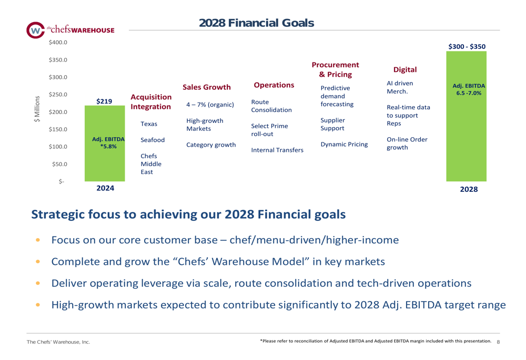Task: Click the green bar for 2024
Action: [x=105, y=143]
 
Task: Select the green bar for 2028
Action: [x=466, y=116]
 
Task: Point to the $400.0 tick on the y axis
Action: [x=58, y=43]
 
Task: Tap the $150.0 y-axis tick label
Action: [x=58, y=129]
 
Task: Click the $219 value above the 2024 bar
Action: [x=104, y=101]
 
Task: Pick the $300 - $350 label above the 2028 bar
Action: [x=467, y=47]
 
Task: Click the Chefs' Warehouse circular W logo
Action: [x=35, y=30]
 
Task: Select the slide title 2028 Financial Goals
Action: [x=257, y=23]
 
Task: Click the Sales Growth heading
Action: [x=207, y=87]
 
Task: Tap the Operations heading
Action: [x=274, y=85]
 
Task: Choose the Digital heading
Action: [x=405, y=70]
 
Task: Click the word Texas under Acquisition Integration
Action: [x=149, y=124]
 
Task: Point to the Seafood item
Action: [x=153, y=140]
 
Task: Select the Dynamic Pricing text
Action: [x=344, y=145]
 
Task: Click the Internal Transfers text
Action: [x=277, y=150]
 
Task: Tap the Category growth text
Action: [x=211, y=145]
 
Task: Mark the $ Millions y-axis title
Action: [x=37, y=109]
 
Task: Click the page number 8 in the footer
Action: [x=498, y=342]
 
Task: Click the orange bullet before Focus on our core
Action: [x=38, y=240]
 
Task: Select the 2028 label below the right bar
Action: [x=469, y=189]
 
